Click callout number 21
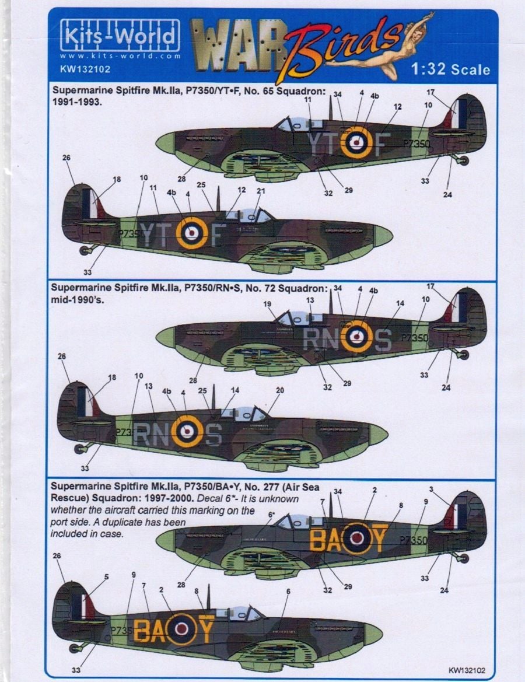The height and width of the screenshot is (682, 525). (261, 191)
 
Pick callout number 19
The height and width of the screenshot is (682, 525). (267, 305)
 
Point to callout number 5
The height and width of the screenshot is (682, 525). (106, 577)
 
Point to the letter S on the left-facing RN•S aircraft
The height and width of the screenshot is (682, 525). (214, 433)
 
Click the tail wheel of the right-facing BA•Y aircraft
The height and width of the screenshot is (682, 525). (463, 558)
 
